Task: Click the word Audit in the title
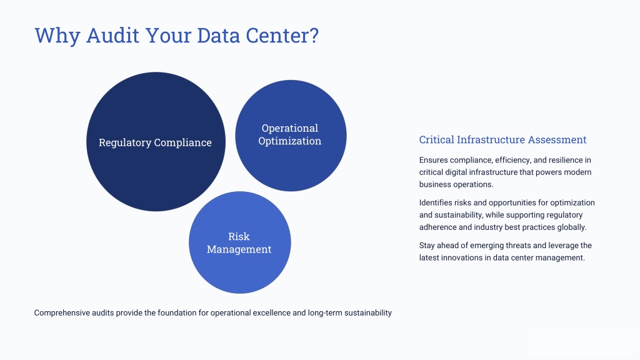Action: pos(112,35)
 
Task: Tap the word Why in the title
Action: pos(57,36)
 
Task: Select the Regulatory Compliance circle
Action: pos(156,142)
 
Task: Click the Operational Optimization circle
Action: pos(291,136)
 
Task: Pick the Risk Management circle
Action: pos(240,242)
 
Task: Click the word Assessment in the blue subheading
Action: pos(557,139)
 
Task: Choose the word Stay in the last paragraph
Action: pos(427,246)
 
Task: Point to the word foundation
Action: pos(177,313)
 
